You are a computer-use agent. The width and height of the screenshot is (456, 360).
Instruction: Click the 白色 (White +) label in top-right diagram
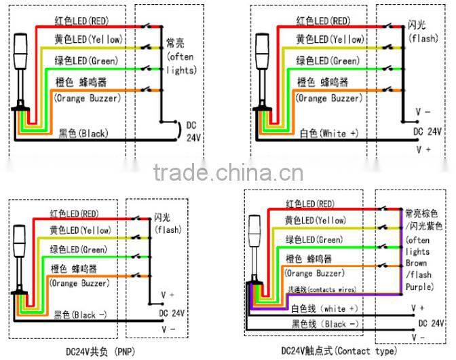[328, 132]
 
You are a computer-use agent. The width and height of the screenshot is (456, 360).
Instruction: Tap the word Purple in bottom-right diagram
[419, 287]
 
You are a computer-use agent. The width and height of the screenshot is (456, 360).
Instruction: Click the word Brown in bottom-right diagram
[416, 264]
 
